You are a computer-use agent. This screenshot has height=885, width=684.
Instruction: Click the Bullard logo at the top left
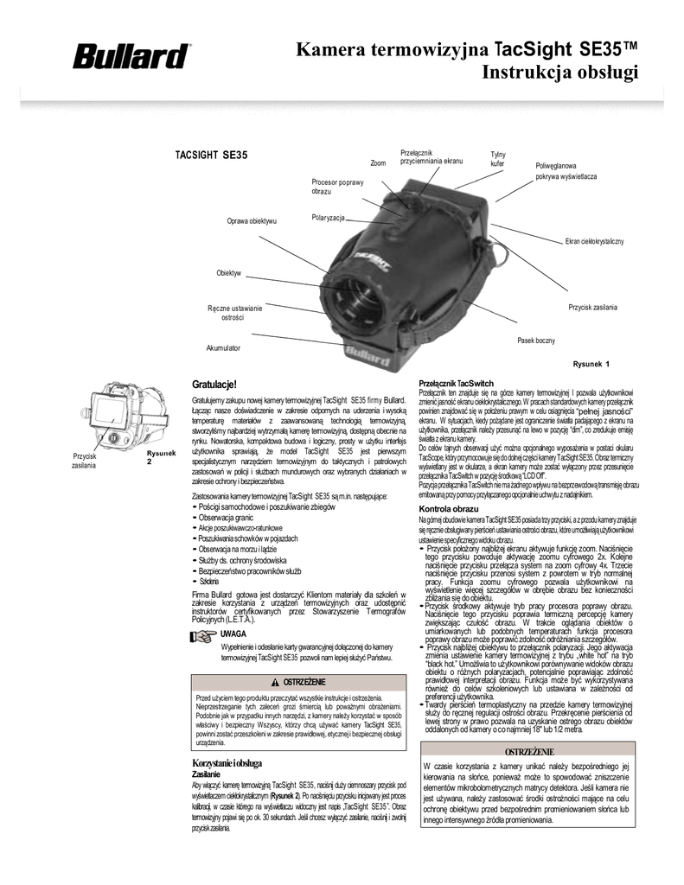pyautogui.click(x=132, y=57)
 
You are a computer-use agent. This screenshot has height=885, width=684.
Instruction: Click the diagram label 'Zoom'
pyautogui.click(x=378, y=162)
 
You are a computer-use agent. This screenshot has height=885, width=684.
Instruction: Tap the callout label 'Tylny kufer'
pyautogui.click(x=498, y=158)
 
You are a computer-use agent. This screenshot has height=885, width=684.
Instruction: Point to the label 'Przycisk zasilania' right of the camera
pyautogui.click(x=593, y=308)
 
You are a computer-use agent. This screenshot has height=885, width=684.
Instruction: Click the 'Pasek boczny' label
pyautogui.click(x=536, y=341)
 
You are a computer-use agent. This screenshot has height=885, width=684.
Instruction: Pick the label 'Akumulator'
pyautogui.click(x=222, y=347)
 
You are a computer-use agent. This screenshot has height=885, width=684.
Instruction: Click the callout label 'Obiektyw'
pyautogui.click(x=228, y=273)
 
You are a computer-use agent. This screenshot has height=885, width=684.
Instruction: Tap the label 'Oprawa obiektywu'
pyautogui.click(x=252, y=222)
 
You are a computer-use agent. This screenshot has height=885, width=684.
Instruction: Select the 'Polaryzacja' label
pyautogui.click(x=329, y=216)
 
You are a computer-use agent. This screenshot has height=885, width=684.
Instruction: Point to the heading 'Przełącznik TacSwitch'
pyautogui.click(x=457, y=383)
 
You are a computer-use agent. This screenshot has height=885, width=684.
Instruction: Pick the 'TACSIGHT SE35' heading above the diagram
pyautogui.click(x=212, y=155)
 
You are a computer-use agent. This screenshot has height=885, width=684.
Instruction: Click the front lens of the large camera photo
pyautogui.click(x=354, y=302)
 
